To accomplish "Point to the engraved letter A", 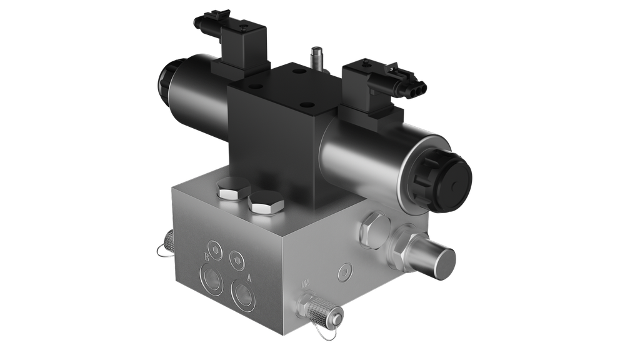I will [250, 277].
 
